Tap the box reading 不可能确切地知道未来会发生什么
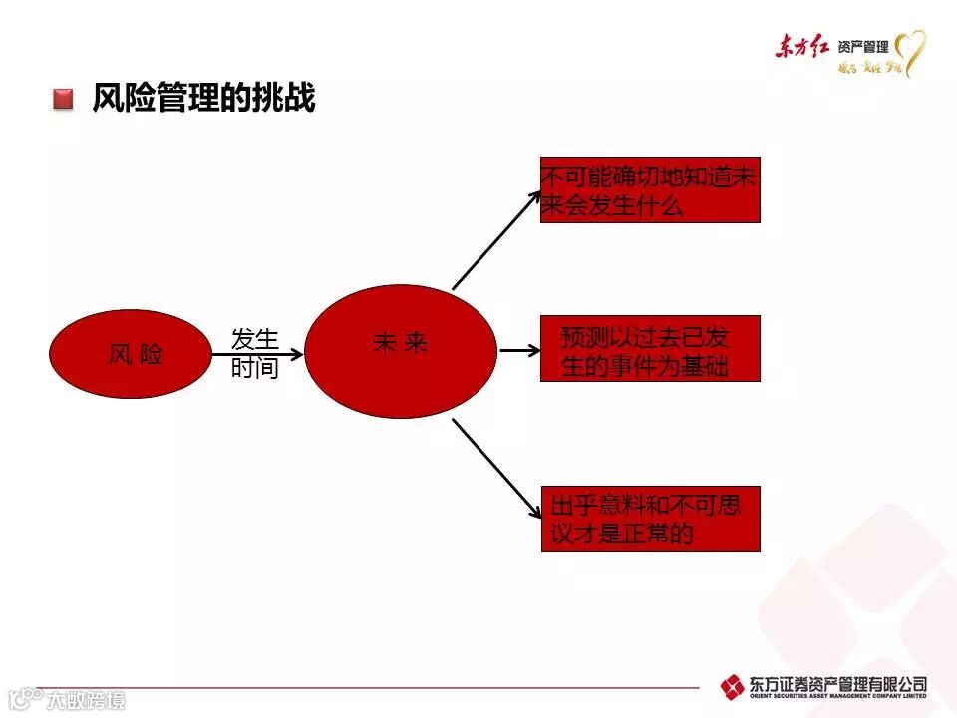pos(650,190)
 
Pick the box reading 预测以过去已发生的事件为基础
pos(650,349)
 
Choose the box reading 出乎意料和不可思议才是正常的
pos(650,519)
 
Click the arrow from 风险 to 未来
pos(256,353)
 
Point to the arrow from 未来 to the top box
pos(495,238)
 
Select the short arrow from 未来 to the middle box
pos(518,351)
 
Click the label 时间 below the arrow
pos(255,369)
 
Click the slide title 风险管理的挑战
pos(203,98)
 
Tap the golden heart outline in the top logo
pos(910,52)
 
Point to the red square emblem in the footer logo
pos(733,686)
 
